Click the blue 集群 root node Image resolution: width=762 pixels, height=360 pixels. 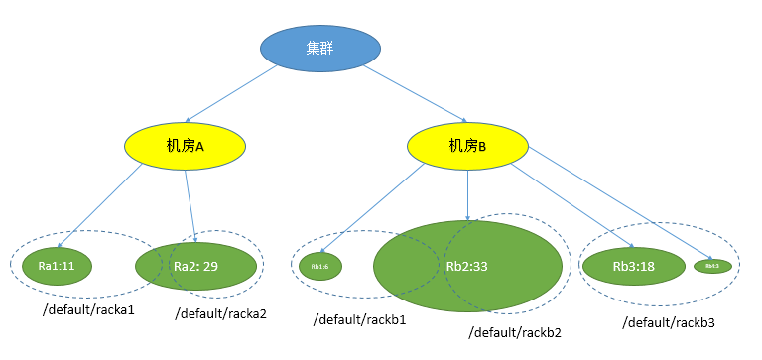[x=322, y=48]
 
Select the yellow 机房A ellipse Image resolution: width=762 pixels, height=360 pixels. [x=185, y=146]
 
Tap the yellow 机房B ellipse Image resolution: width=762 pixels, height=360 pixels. [x=467, y=146]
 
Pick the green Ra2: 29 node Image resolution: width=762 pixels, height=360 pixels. [x=195, y=266]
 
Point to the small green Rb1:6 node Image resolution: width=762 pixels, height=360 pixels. [x=319, y=266]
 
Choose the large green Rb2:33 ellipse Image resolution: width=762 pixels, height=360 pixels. [x=466, y=266]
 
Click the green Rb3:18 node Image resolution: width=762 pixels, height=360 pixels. [x=633, y=266]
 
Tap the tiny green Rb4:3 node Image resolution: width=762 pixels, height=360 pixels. [x=712, y=266]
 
